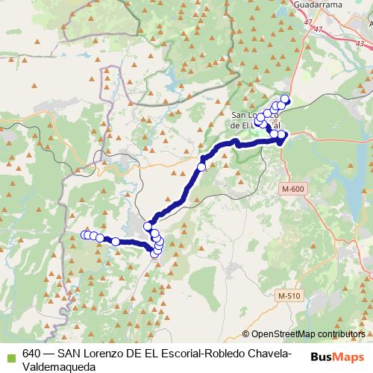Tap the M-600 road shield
(x=293, y=190)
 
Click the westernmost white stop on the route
(x=84, y=236)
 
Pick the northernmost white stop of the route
(x=285, y=99)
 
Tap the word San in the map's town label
(x=242, y=115)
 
